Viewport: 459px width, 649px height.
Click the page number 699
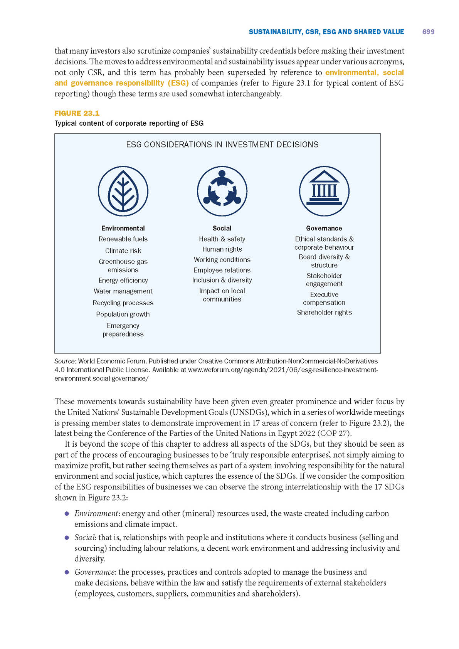428,32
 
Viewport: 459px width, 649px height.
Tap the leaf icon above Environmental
123,191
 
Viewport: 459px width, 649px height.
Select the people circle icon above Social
222,191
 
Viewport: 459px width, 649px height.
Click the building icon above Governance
324,191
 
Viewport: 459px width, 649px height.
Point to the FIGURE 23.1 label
77,113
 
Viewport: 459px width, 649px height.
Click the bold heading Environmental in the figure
123,228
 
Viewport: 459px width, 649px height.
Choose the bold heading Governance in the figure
324,228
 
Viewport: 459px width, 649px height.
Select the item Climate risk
123,251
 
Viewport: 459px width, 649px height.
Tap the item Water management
123,291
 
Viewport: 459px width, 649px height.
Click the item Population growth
123,314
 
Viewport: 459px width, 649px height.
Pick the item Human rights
222,249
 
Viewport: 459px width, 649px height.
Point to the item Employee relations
222,270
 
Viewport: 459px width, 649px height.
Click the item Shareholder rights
324,313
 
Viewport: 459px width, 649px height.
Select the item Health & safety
222,239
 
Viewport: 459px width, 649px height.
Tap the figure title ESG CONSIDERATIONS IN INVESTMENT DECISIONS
222,145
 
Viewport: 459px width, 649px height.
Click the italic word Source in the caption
65,361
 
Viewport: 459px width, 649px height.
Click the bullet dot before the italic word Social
67,538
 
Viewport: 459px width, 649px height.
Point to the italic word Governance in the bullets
94,572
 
